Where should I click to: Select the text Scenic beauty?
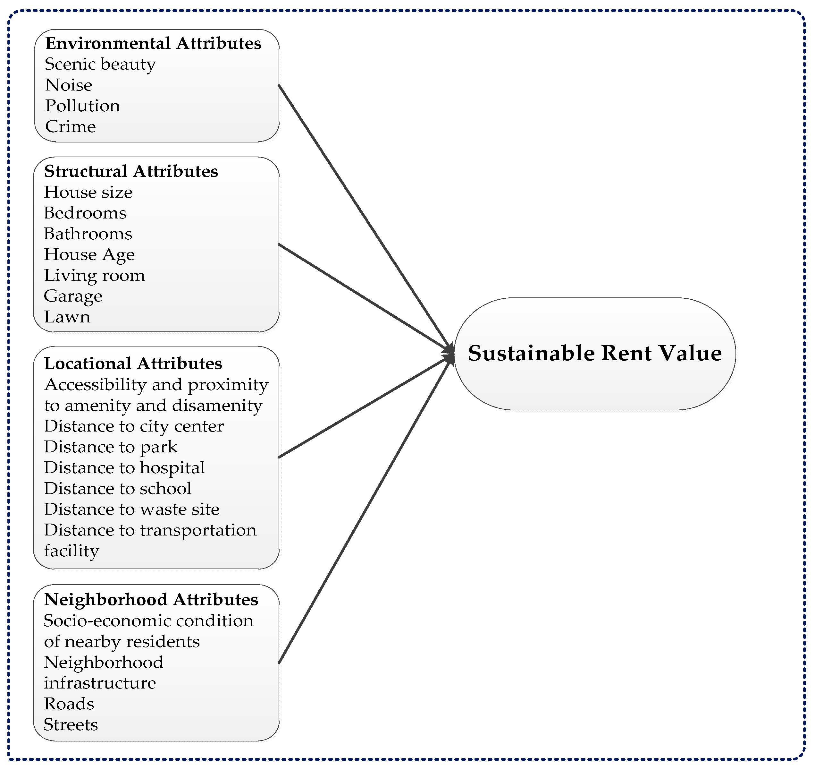(100, 64)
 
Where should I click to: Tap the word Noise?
(69, 85)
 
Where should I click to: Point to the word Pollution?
(82, 106)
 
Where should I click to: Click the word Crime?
(70, 126)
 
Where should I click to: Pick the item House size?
(88, 192)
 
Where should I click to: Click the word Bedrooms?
(85, 213)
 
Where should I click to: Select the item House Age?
(89, 254)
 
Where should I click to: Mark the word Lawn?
(67, 317)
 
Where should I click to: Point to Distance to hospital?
(124, 467)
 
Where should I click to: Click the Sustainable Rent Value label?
(594, 353)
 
